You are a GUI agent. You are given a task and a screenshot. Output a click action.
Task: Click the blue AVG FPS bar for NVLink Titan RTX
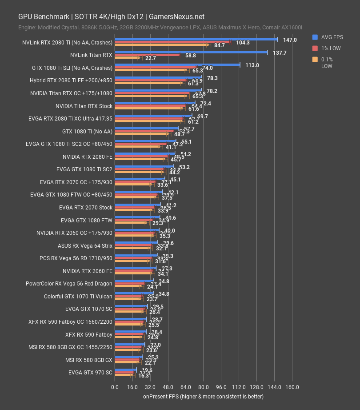191,52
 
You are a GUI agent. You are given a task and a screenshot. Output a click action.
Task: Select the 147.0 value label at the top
289,40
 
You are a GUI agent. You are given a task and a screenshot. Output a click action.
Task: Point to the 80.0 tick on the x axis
204,387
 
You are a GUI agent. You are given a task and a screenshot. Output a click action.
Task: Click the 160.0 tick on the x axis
292,387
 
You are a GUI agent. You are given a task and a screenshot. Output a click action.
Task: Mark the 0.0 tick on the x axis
115,387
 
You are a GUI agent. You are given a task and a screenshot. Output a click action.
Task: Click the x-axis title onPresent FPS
203,396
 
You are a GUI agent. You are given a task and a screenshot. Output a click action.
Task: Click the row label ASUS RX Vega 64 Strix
85,245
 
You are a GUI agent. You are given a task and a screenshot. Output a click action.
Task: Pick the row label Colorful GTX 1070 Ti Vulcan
78,296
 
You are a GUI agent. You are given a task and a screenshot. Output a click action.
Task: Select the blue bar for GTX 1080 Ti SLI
177,64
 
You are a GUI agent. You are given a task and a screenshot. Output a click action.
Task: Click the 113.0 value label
252,65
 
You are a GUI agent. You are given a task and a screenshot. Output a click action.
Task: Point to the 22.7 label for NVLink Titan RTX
150,58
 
